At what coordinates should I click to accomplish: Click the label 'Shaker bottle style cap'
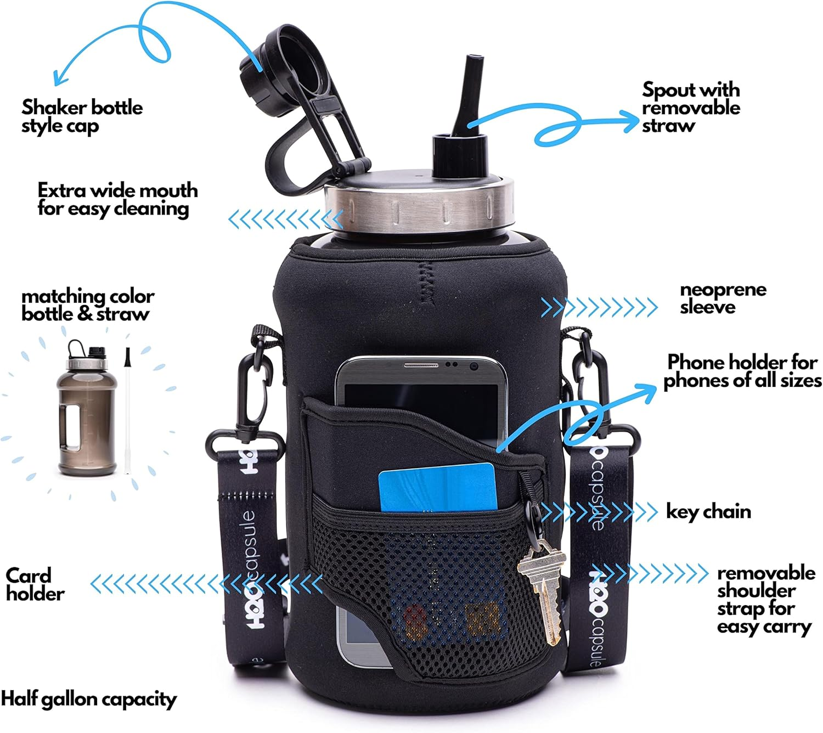[82, 116]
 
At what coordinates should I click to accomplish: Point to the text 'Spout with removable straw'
[690, 107]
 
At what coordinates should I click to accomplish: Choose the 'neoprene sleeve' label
[722, 298]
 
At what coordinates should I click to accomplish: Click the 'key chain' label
[708, 511]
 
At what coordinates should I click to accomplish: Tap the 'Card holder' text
[35, 584]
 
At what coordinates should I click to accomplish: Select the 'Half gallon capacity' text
[88, 699]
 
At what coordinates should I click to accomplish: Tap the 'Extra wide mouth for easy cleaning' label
[117, 199]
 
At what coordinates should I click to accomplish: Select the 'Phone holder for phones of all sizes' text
[742, 371]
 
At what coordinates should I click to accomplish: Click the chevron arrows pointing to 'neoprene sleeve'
[599, 307]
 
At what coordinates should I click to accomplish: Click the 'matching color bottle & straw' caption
[88, 305]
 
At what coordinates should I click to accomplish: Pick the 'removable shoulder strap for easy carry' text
[765, 599]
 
